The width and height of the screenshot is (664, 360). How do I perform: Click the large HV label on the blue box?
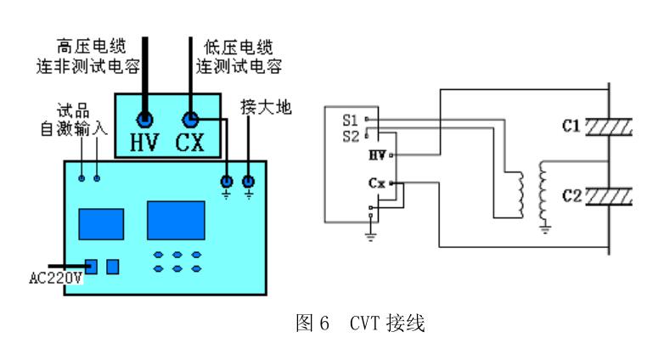146,143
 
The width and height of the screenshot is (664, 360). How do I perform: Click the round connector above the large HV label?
146,118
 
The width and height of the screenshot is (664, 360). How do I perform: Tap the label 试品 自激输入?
65,122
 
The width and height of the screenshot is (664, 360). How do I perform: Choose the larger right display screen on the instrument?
175,220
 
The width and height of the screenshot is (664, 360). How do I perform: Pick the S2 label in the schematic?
351,133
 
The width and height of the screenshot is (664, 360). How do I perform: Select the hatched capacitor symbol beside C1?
609,127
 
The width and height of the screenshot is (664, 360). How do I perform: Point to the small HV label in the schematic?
378,155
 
